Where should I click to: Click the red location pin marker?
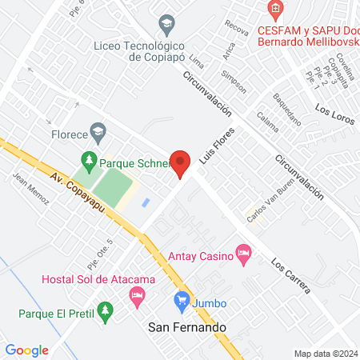click(181, 163)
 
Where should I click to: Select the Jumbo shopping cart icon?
click(181, 302)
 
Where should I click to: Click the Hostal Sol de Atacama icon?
click(136, 297)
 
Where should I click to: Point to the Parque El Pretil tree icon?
click(102, 309)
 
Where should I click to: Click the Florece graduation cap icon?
click(98, 130)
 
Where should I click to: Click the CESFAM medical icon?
click(276, 10)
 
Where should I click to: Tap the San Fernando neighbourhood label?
click(188, 327)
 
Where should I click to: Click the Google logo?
click(27, 350)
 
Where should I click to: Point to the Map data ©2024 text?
click(324, 354)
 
